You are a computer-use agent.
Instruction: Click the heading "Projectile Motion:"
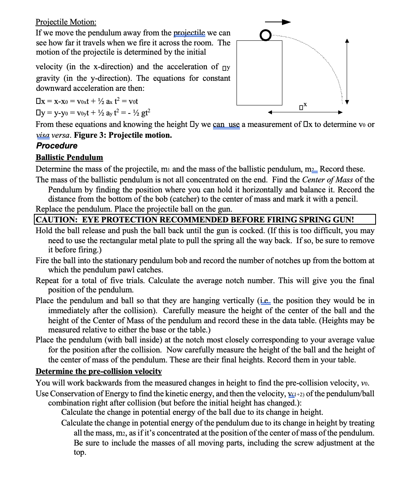click(66, 22)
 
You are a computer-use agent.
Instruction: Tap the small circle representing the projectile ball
click(265, 35)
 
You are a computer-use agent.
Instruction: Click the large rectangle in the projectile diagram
click(259, 73)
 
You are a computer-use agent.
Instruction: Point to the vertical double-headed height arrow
click(347, 72)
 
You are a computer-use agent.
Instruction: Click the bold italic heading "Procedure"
click(57, 146)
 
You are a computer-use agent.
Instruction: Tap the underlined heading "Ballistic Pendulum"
click(69, 157)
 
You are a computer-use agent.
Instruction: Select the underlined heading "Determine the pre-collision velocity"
click(99, 371)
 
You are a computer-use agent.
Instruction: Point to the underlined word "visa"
click(43, 135)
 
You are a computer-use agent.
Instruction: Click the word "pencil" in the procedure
click(346, 199)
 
